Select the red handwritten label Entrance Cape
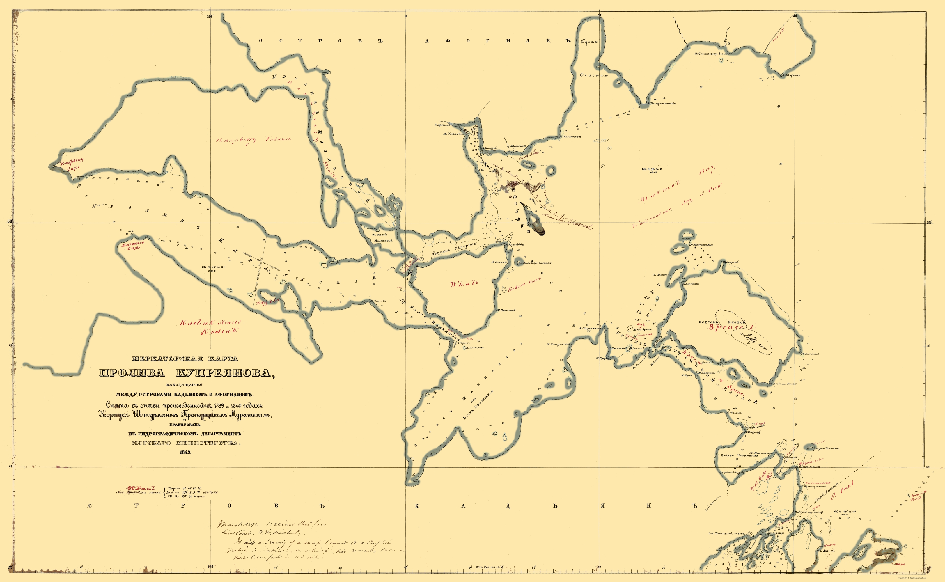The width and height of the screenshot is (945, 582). (x=133, y=245)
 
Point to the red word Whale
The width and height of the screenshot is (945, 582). (x=464, y=283)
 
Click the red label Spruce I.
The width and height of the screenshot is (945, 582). (x=731, y=327)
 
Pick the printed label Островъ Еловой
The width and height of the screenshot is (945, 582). (x=722, y=322)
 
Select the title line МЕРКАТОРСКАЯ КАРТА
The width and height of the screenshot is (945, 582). (x=185, y=359)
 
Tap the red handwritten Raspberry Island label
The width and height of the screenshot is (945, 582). (x=253, y=140)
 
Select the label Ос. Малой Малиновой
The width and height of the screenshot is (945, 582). (x=383, y=237)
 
